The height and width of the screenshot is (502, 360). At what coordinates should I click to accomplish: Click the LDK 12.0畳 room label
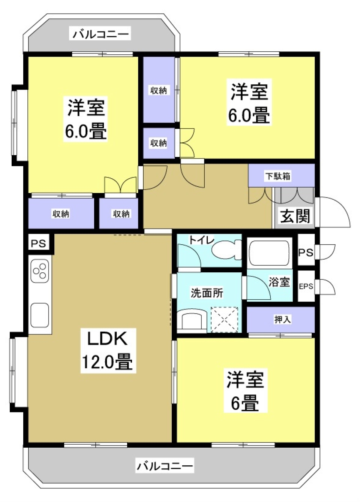tap(108, 350)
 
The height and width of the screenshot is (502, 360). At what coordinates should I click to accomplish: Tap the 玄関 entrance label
tap(295, 216)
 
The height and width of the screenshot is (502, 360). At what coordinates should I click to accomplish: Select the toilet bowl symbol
tap(226, 249)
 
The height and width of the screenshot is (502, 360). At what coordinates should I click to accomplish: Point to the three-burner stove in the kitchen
tap(40, 271)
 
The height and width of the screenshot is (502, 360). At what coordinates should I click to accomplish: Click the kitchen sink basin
tap(40, 315)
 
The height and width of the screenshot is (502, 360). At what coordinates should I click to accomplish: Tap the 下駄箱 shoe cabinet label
tap(278, 176)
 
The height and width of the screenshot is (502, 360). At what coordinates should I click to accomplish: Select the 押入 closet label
tap(282, 319)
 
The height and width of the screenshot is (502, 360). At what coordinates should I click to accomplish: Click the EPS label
tap(306, 286)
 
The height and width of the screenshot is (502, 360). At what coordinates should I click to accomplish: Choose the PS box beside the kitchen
tap(38, 243)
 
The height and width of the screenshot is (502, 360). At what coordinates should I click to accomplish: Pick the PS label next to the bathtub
tap(306, 252)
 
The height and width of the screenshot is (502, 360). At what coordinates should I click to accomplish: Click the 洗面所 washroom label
tap(207, 293)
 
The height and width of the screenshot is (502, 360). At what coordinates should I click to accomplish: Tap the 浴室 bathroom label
tap(279, 282)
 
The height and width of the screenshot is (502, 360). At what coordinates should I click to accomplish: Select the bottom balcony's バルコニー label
tap(165, 466)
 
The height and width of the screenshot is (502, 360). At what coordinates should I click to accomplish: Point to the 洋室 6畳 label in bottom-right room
tap(245, 391)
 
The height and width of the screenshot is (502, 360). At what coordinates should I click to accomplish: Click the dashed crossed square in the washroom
tap(224, 320)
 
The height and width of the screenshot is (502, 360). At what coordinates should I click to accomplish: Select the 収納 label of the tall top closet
tap(158, 90)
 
